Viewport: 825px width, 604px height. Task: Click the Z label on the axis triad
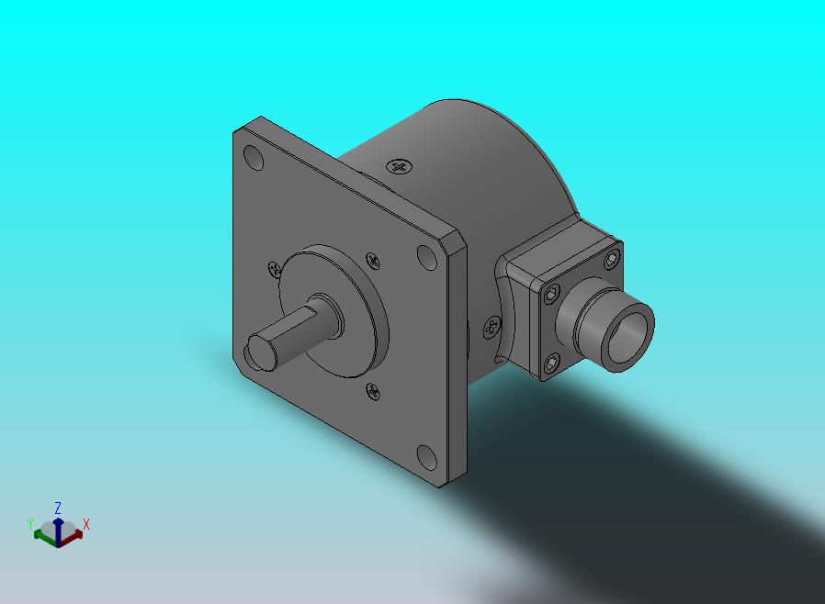coord(58,508)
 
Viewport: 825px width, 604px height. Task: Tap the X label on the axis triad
coord(86,524)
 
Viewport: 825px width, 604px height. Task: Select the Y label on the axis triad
coord(30,524)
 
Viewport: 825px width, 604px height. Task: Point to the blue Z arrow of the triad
coord(58,530)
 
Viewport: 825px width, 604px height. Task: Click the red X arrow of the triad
coord(73,536)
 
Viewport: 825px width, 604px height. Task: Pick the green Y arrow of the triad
coord(44,536)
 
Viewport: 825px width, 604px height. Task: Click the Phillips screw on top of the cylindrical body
coord(400,167)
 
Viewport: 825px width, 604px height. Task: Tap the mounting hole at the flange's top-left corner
coord(254,158)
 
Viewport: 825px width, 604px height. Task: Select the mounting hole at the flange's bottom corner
coord(426,457)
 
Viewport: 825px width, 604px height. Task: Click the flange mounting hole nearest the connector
coord(426,257)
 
